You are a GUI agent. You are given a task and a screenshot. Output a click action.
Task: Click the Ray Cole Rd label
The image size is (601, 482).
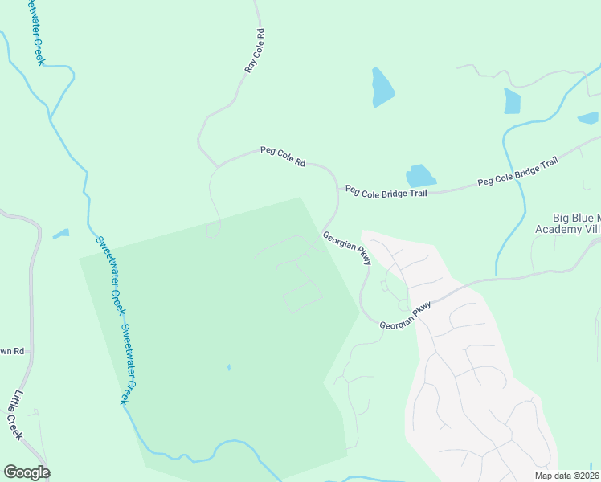pyautogui.click(x=255, y=52)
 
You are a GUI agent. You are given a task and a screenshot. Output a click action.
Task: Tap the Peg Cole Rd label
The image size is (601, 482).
pyautogui.click(x=283, y=156)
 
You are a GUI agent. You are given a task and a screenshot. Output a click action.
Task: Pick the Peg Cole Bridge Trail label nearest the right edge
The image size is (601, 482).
pyautogui.click(x=517, y=172)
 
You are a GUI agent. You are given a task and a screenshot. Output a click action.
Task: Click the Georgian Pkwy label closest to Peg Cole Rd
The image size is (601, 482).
pyautogui.click(x=347, y=248)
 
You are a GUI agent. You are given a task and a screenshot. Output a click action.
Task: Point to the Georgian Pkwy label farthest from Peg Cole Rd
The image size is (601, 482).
pyautogui.click(x=406, y=315)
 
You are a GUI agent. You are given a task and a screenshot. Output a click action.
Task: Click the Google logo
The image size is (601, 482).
pyautogui.click(x=27, y=472)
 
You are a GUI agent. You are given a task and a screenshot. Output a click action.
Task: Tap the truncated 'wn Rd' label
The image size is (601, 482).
pyautogui.click(x=12, y=351)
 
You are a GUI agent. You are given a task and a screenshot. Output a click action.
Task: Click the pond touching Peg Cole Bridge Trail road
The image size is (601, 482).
pyautogui.click(x=419, y=176)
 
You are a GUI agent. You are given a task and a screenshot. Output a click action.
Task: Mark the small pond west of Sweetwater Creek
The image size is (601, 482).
pyautogui.click(x=61, y=235)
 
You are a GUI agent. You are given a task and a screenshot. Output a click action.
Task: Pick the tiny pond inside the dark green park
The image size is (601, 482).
pyautogui.click(x=228, y=368)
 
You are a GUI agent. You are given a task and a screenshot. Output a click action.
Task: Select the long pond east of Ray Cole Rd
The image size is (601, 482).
pyautogui.click(x=382, y=88)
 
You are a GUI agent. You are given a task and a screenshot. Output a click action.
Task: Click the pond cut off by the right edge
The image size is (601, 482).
pyautogui.click(x=588, y=118)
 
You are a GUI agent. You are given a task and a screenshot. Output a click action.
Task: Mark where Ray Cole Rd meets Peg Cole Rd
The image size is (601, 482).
pyautogui.click(x=216, y=166)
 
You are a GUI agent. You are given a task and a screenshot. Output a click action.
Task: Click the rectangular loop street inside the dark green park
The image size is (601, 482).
pyautogui.click(x=302, y=297)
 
